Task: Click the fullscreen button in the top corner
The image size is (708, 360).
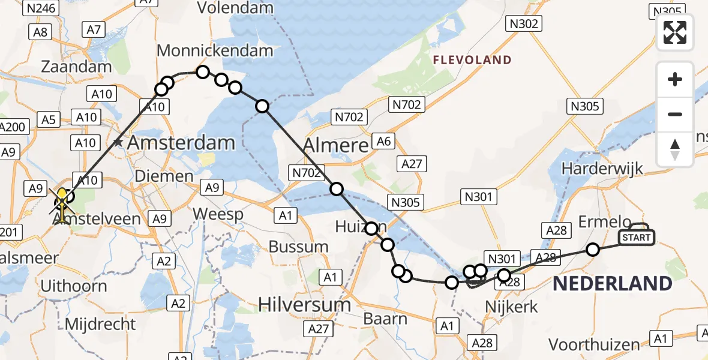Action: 675,32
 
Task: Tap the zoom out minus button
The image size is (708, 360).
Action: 675,114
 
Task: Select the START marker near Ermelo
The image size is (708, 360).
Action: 636,238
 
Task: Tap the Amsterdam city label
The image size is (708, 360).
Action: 181,143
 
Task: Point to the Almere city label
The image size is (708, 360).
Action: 335,145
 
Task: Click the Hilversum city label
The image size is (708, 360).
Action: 305,304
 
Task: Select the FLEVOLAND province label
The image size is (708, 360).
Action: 473,60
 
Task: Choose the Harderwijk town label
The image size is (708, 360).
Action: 602,168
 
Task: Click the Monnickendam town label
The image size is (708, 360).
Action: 215,51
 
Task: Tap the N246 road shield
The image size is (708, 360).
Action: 41,8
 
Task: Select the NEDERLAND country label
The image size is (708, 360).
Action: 612,283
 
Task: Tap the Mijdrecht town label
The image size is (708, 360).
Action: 100,324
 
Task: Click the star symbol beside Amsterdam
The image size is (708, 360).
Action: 119,143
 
